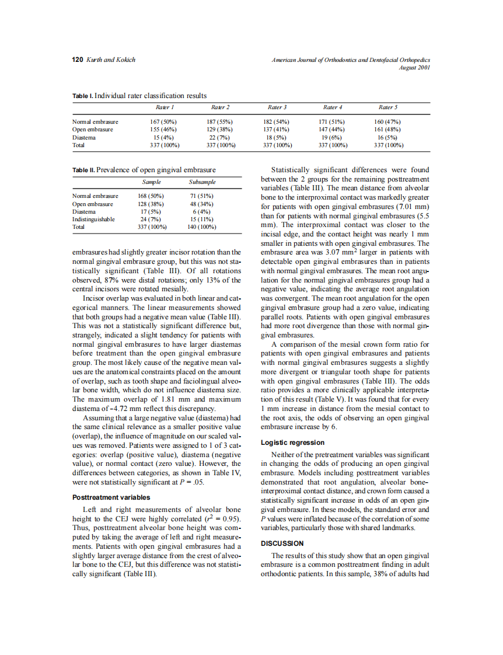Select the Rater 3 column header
[277, 107]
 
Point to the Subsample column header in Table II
[202, 182]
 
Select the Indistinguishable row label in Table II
[93, 219]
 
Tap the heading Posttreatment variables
[111, 497]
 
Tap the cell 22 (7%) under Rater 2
[220, 137]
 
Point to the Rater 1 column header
[165, 107]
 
